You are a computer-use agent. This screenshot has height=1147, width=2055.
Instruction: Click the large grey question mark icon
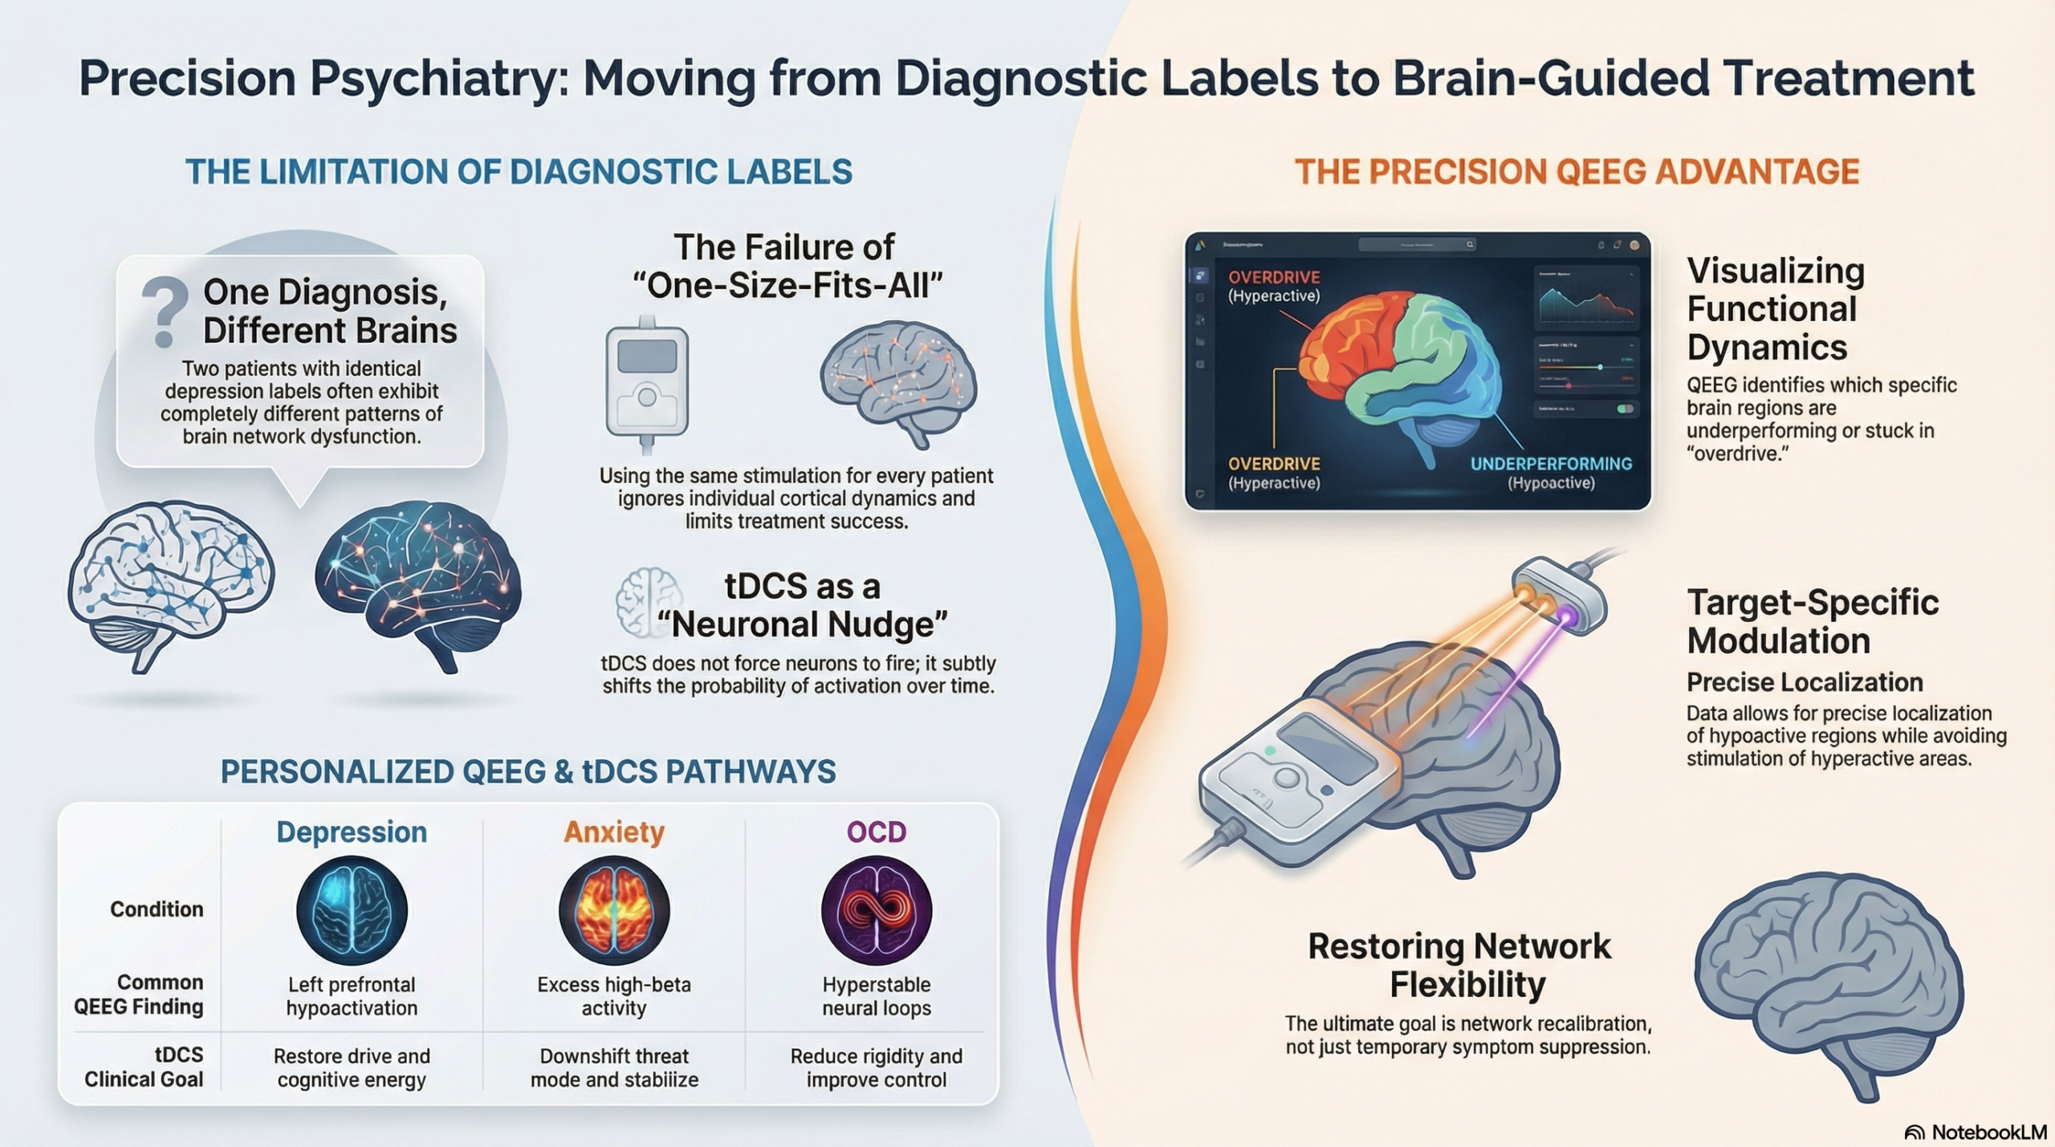coord(165,312)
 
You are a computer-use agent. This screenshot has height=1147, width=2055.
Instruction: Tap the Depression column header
coord(352,832)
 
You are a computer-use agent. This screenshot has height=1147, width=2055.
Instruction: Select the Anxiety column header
coord(614,832)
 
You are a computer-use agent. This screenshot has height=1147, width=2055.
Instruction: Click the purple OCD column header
coord(877,832)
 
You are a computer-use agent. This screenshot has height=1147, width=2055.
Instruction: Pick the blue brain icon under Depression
coord(352,910)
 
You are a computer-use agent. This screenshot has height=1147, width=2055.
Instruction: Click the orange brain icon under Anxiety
coord(614,910)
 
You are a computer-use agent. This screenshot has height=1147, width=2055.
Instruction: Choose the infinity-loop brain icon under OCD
coord(877,910)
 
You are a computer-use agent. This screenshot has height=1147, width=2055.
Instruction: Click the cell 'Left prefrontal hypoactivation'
coord(352,996)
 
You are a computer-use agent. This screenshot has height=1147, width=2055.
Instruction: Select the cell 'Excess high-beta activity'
coord(614,996)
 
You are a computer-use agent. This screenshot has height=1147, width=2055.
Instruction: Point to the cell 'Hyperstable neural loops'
coord(877,996)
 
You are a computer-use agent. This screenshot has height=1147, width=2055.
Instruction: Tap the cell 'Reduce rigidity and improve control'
coord(877,1068)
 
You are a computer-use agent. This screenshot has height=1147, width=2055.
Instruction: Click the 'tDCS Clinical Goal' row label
coord(144,1067)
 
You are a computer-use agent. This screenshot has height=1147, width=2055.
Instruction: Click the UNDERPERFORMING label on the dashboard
coord(1551,464)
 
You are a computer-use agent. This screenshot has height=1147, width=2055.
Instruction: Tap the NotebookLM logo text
coord(1988,1132)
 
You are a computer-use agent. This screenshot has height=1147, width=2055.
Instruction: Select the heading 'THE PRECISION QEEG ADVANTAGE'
coord(1577,172)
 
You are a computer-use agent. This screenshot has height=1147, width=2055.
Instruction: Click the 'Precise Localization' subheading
coord(1805,682)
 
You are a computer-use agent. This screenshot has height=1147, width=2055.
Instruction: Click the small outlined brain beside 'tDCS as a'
coord(648,603)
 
